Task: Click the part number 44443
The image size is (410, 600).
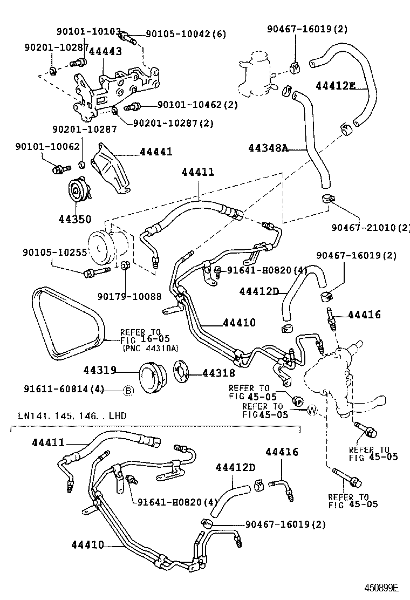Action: (x=105, y=51)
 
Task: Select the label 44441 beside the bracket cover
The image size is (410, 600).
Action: (x=156, y=152)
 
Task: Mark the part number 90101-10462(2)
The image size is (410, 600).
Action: (x=197, y=105)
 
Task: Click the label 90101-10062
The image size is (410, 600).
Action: (x=47, y=146)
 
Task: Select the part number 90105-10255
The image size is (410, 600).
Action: (x=55, y=252)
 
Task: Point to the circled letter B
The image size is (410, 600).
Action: (x=128, y=391)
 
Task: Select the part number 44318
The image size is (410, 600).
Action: (x=218, y=373)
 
